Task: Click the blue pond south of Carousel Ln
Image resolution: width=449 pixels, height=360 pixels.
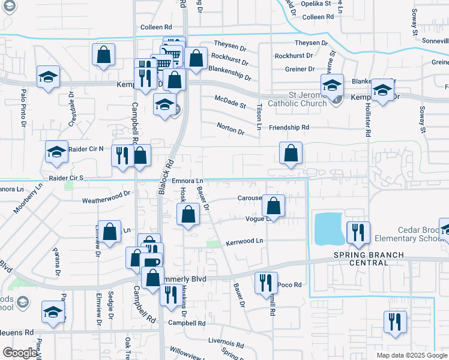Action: (329, 229)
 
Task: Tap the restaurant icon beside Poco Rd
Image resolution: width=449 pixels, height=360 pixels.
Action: (266, 283)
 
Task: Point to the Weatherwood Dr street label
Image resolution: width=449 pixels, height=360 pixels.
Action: (106, 194)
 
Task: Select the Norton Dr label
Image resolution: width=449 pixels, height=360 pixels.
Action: (231, 131)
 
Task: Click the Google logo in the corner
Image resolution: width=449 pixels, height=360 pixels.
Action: (20, 353)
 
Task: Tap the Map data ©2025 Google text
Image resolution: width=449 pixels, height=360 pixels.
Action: (412, 355)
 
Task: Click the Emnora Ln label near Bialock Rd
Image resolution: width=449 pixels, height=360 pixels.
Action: (188, 181)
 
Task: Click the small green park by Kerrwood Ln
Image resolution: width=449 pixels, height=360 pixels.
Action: (213, 244)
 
